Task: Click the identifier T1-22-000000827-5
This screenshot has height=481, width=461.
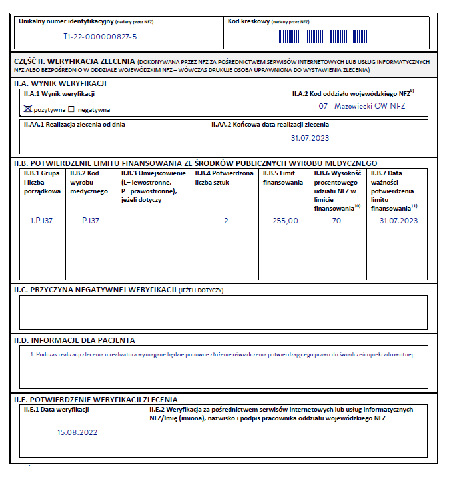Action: click(100, 37)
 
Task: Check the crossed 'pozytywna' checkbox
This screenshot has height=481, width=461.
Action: click(27, 109)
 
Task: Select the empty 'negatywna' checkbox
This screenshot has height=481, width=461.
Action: click(71, 109)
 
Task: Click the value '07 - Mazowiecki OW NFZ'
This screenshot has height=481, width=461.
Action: click(362, 105)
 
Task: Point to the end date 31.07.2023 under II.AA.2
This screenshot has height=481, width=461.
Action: click(310, 138)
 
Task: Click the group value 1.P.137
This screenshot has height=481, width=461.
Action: click(41, 221)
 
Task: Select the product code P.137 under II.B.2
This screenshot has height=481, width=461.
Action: click(91, 221)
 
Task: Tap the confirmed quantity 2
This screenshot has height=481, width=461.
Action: click(226, 221)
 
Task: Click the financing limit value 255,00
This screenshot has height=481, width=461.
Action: click(286, 221)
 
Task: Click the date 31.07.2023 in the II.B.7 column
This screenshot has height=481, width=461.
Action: click(398, 221)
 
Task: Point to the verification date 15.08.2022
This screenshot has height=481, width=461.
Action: click(77, 432)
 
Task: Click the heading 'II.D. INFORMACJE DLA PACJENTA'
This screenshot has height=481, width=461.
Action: click(75, 340)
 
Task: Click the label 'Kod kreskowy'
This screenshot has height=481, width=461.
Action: click(249, 21)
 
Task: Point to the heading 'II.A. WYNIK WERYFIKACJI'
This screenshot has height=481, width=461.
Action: click(60, 83)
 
